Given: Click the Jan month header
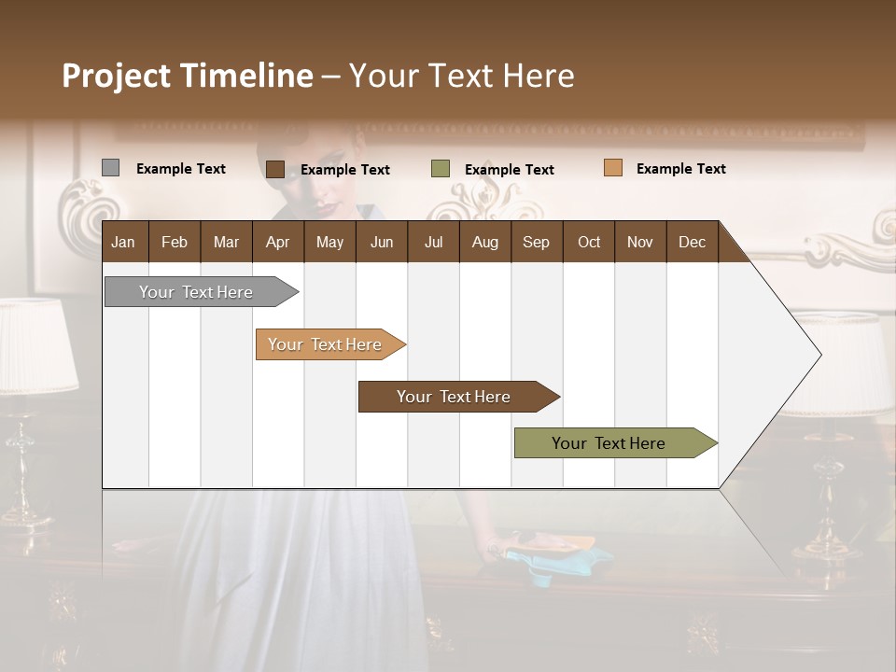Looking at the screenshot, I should (x=123, y=243).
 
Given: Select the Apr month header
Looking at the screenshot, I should (x=277, y=243).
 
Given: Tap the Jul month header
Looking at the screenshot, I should (x=433, y=243).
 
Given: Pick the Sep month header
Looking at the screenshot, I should (x=536, y=243).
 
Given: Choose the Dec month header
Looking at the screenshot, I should (x=692, y=243).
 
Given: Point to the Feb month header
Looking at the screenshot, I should (x=175, y=243).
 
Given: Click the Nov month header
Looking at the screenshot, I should (x=639, y=243).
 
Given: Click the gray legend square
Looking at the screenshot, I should (x=110, y=168).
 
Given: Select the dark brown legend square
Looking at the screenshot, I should (x=274, y=169).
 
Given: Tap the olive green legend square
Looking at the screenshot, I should (x=441, y=169).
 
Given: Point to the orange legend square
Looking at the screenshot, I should (x=612, y=168).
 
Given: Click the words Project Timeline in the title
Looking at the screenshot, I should (x=188, y=76).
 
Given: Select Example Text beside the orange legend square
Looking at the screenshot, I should (x=680, y=169).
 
